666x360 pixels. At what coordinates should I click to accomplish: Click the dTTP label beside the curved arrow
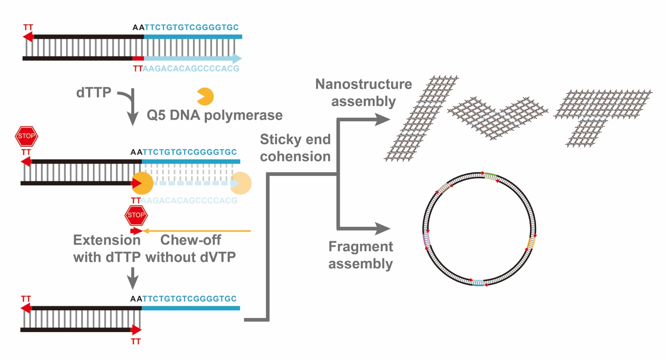coord(94,92)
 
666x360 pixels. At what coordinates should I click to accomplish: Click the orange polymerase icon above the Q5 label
coord(205,96)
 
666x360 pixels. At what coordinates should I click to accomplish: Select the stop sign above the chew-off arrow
coord(136,215)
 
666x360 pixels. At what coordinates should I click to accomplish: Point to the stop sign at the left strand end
coord(26,136)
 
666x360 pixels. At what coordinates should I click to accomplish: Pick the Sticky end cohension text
coord(295,147)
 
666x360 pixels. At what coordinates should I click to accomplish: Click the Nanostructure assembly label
coord(364,92)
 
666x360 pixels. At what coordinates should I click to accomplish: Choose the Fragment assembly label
coord(360,255)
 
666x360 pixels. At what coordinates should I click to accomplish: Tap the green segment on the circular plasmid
coord(490,176)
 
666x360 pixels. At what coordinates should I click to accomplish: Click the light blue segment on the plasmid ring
coord(478,283)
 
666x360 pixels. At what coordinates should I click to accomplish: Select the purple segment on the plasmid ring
coord(425,240)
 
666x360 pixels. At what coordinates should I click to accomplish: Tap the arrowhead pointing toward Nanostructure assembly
coord(382,120)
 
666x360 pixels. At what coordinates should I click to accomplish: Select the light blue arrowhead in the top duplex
coord(237,59)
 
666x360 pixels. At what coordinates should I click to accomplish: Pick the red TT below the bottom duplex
coord(136,342)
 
